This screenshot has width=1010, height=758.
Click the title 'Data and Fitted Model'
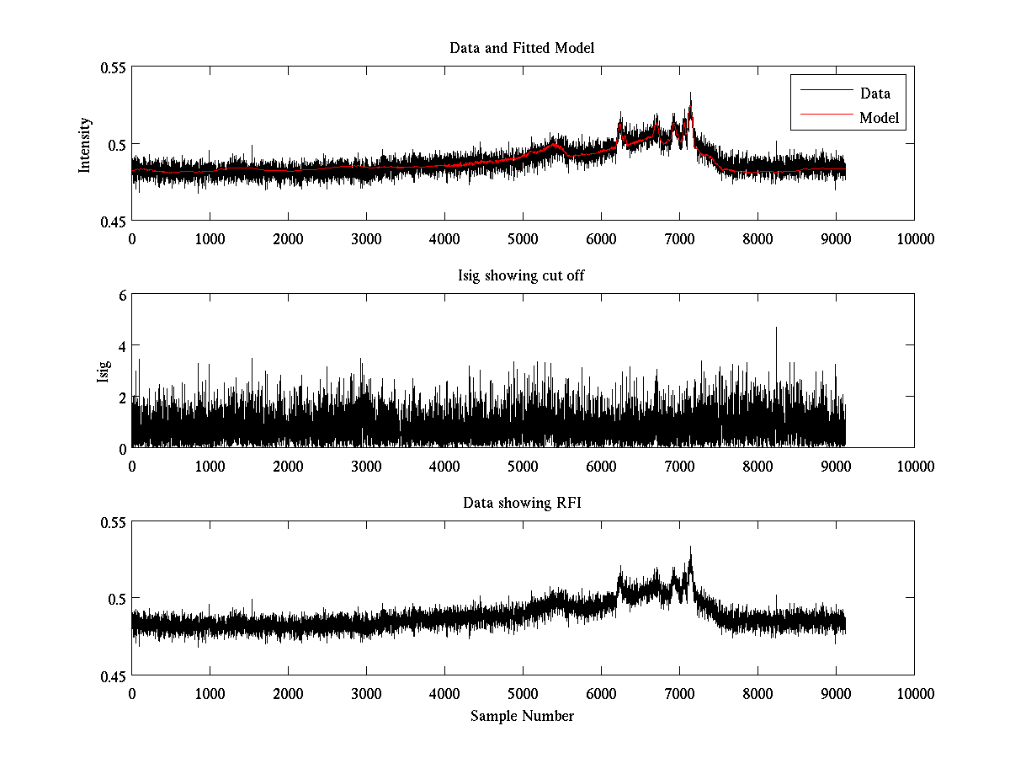[x=522, y=48]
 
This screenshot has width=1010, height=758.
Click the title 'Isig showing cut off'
[x=522, y=275]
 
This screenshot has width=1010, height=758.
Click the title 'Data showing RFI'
[x=522, y=503]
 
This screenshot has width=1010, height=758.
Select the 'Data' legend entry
[x=874, y=93]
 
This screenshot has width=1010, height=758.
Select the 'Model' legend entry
[x=879, y=118]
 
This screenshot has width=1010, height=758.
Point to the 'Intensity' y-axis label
[x=84, y=144]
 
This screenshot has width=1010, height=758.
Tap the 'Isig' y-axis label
[x=104, y=371]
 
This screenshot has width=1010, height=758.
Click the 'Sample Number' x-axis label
[x=522, y=716]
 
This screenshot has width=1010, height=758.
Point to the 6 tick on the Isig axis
[x=122, y=295]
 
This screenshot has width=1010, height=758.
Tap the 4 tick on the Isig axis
[x=122, y=346]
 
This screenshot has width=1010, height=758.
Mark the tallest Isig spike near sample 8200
[x=776, y=328]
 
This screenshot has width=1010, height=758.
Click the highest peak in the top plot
[x=690, y=93]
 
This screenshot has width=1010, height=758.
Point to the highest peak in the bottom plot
[x=690, y=547]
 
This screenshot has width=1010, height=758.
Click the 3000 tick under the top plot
[x=366, y=239]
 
